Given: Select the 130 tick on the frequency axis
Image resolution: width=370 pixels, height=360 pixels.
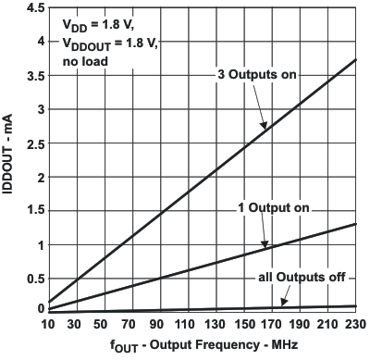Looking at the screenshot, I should (x=216, y=325).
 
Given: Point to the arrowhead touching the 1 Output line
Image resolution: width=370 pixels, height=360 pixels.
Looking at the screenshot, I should (x=266, y=245).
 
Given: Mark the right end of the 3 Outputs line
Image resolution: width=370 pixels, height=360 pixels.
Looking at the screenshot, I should (x=355, y=59).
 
